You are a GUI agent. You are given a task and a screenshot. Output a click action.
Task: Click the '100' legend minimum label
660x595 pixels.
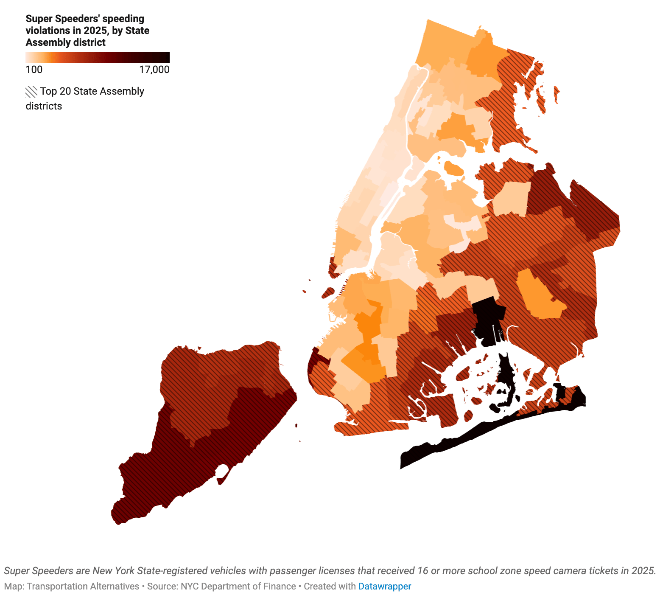34,70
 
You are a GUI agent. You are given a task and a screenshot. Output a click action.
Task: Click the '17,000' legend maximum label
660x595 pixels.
154,70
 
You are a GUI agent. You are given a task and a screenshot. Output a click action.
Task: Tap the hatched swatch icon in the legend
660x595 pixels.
31,92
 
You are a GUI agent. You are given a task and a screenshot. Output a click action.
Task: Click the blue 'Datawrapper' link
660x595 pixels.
384,586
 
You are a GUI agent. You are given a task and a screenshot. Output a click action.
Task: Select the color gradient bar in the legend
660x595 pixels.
98,57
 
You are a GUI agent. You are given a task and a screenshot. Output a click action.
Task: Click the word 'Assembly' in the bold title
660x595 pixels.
45,42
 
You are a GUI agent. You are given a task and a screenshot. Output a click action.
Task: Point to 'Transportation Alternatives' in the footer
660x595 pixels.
83,586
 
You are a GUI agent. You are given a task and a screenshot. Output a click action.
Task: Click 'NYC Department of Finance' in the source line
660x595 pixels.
238,586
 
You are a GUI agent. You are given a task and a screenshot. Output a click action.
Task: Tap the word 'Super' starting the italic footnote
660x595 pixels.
17,570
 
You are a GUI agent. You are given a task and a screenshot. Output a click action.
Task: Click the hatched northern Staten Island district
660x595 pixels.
212,373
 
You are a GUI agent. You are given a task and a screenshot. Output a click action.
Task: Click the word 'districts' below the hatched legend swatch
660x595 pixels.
44,106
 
